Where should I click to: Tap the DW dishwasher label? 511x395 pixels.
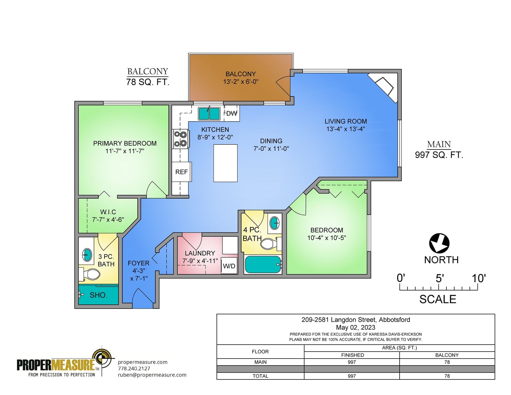(x=232, y=114)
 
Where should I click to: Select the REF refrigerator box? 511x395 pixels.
(x=181, y=172)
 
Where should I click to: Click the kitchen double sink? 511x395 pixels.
(x=209, y=114)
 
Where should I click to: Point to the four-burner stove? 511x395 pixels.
(x=180, y=139)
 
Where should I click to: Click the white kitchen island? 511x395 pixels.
(x=225, y=163)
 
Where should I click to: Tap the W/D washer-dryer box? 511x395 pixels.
(x=229, y=266)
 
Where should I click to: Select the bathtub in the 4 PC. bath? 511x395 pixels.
(x=263, y=264)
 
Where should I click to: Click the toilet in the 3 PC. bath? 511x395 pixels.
(x=90, y=274)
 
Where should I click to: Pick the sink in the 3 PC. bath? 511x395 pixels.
(x=87, y=254)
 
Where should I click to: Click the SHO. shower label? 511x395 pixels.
(x=98, y=295)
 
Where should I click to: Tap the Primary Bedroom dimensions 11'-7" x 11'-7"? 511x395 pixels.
(x=125, y=151)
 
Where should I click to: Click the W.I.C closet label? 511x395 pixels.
(x=108, y=212)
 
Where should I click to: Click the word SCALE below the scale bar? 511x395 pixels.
(x=438, y=299)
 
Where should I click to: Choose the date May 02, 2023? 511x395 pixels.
(x=355, y=327)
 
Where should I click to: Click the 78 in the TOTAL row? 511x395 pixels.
(x=447, y=376)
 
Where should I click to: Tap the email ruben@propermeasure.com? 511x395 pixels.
(x=152, y=375)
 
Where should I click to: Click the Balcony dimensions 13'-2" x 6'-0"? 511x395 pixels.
(x=241, y=81)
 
